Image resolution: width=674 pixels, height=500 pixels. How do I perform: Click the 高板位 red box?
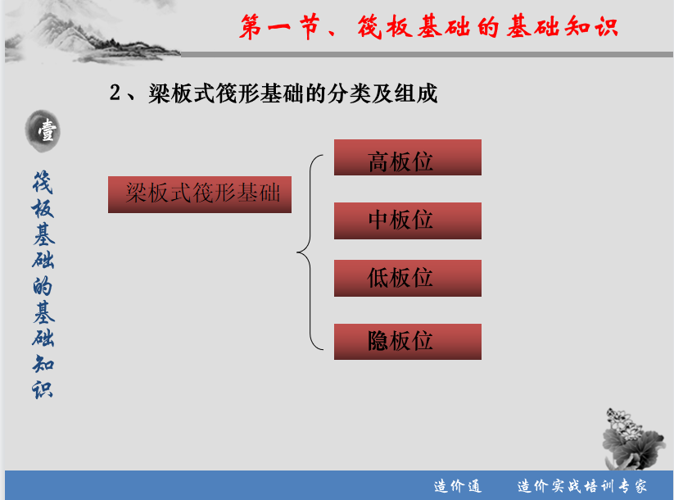point(408,157)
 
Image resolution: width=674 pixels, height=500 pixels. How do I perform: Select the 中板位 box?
point(408,220)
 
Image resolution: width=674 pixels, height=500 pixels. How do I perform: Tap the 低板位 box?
point(408,278)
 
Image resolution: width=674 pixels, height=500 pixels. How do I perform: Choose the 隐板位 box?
point(408,342)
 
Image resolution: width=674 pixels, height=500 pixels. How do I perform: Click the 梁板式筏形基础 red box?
point(200,194)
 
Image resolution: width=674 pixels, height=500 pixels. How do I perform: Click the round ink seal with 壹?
point(43,131)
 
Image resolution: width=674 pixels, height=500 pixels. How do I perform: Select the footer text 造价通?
point(457,486)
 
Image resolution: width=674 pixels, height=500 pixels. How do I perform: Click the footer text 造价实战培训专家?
point(582,486)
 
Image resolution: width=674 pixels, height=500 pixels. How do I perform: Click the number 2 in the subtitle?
point(115,93)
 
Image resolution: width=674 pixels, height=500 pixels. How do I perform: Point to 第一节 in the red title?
point(280,27)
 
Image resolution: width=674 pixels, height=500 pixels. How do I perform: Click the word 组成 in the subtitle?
point(416,93)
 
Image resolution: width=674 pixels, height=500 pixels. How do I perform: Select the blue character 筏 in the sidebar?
point(43,183)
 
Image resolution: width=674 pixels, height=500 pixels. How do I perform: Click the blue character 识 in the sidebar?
point(43,389)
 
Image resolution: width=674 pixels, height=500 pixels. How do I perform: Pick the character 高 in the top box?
point(378,162)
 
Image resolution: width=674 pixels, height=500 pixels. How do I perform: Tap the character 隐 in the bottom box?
point(378,341)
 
